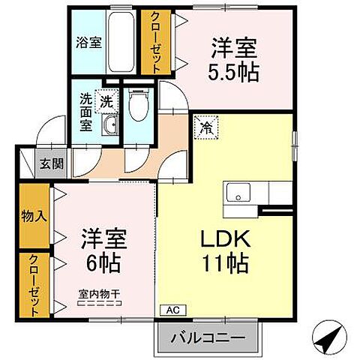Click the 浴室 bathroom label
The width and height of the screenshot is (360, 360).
89,43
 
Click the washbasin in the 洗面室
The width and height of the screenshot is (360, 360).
109,124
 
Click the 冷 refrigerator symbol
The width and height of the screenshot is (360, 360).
205,128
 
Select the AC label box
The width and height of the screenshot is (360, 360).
170,309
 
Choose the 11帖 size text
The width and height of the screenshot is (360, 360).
223,264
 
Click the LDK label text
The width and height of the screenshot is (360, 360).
223,239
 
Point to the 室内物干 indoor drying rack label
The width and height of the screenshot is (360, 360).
100,294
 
